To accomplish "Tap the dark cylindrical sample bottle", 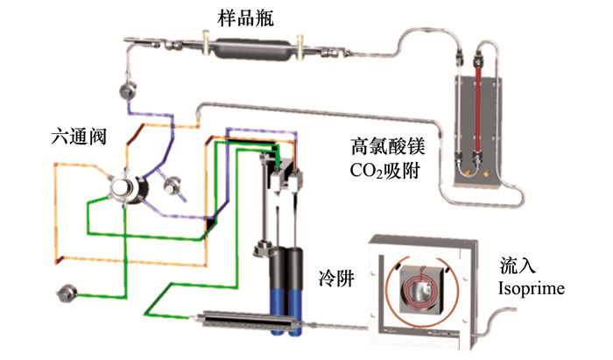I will (x=251, y=46).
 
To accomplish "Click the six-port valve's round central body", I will (x=124, y=187).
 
